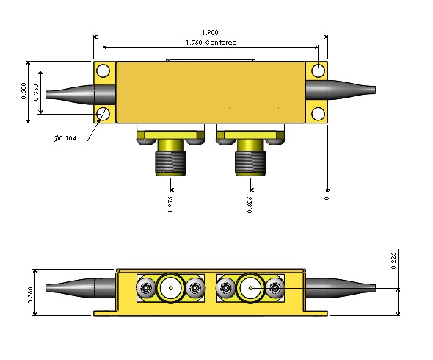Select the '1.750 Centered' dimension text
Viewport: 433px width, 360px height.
[x=211, y=43]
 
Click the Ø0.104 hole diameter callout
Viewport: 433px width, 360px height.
[x=66, y=137]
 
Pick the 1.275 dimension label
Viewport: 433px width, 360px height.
[x=171, y=204]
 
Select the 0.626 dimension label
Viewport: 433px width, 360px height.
[x=250, y=204]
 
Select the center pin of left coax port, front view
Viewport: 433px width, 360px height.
[x=171, y=289]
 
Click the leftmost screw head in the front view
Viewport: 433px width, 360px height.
[x=148, y=289]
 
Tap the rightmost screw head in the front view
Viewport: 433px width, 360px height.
[x=274, y=289]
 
